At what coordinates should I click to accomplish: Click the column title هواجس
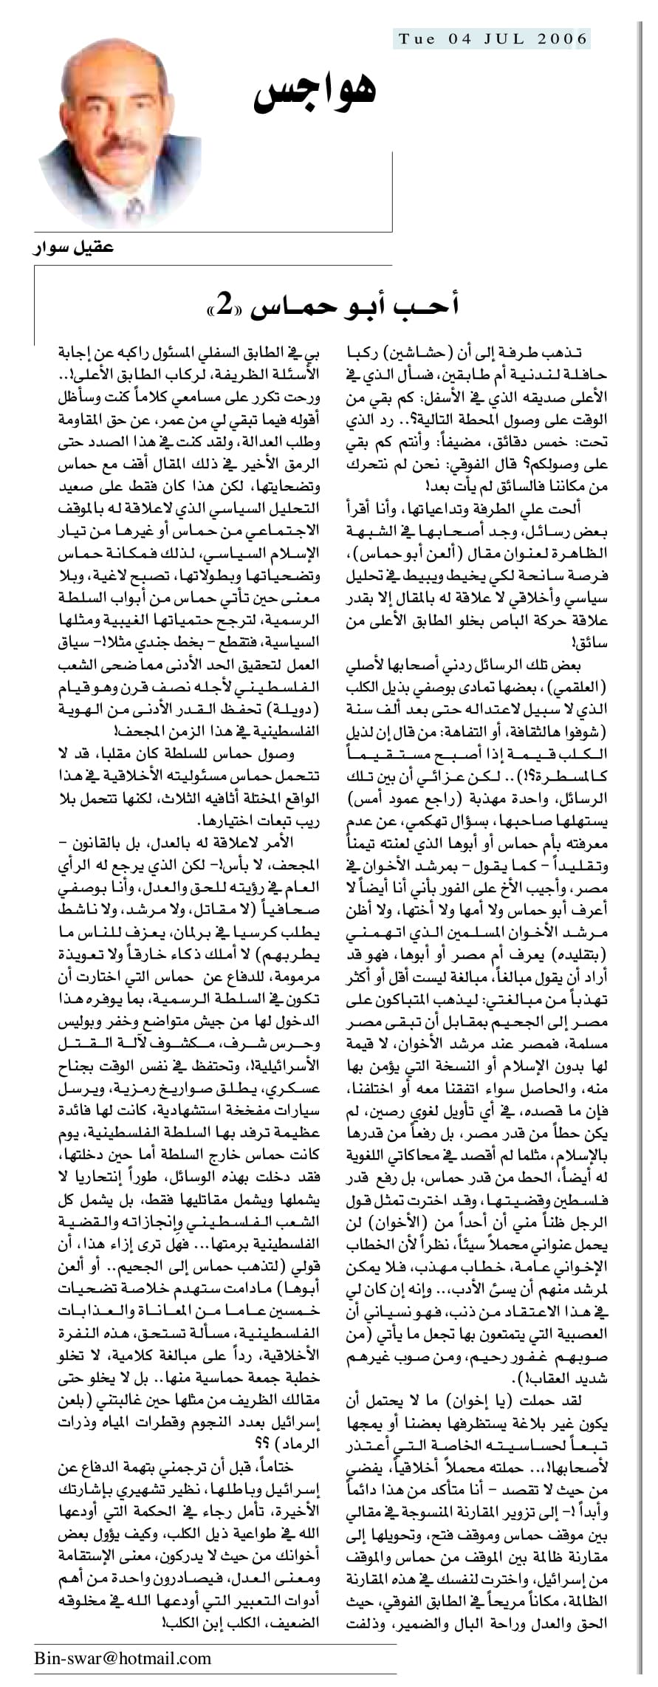315,93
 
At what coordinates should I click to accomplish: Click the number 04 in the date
460,39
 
